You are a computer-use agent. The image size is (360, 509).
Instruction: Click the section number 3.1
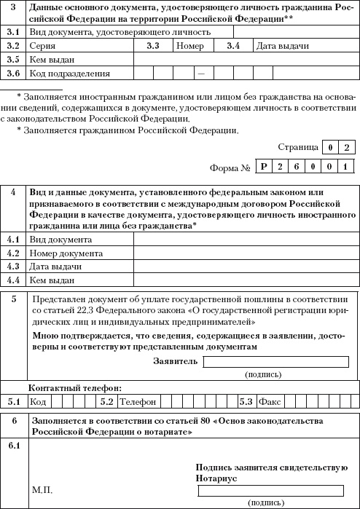[x=12, y=32]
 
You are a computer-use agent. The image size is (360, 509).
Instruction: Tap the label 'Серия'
[x=42, y=46]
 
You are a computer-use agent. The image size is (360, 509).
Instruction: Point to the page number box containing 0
[x=332, y=147]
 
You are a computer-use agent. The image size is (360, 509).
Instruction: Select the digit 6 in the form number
[x=297, y=167]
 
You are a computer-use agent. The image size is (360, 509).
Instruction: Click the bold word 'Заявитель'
[x=175, y=360]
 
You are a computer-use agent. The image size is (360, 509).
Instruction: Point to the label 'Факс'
[x=271, y=401]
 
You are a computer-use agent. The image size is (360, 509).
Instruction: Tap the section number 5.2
[x=106, y=401]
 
